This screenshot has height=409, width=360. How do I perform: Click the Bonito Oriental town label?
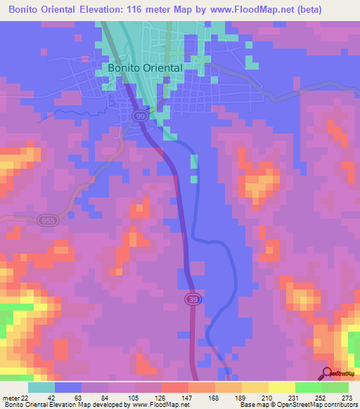pyautogui.click(x=145, y=67)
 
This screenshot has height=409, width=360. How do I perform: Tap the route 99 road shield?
pyautogui.click(x=141, y=115)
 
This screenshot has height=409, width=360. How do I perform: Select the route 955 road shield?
pyautogui.click(x=47, y=220)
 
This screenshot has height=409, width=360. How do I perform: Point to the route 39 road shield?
pyautogui.click(x=192, y=300)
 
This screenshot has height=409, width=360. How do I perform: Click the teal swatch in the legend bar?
pyautogui.click(x=41, y=387)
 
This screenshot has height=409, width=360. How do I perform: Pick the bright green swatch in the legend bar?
pyautogui.click(x=309, y=387)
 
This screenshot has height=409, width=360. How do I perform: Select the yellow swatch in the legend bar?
pyautogui.click(x=282, y=387)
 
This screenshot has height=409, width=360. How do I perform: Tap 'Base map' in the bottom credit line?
pyautogui.click(x=252, y=404)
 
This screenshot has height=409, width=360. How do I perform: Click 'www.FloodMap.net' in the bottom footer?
pyautogui.click(x=160, y=404)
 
